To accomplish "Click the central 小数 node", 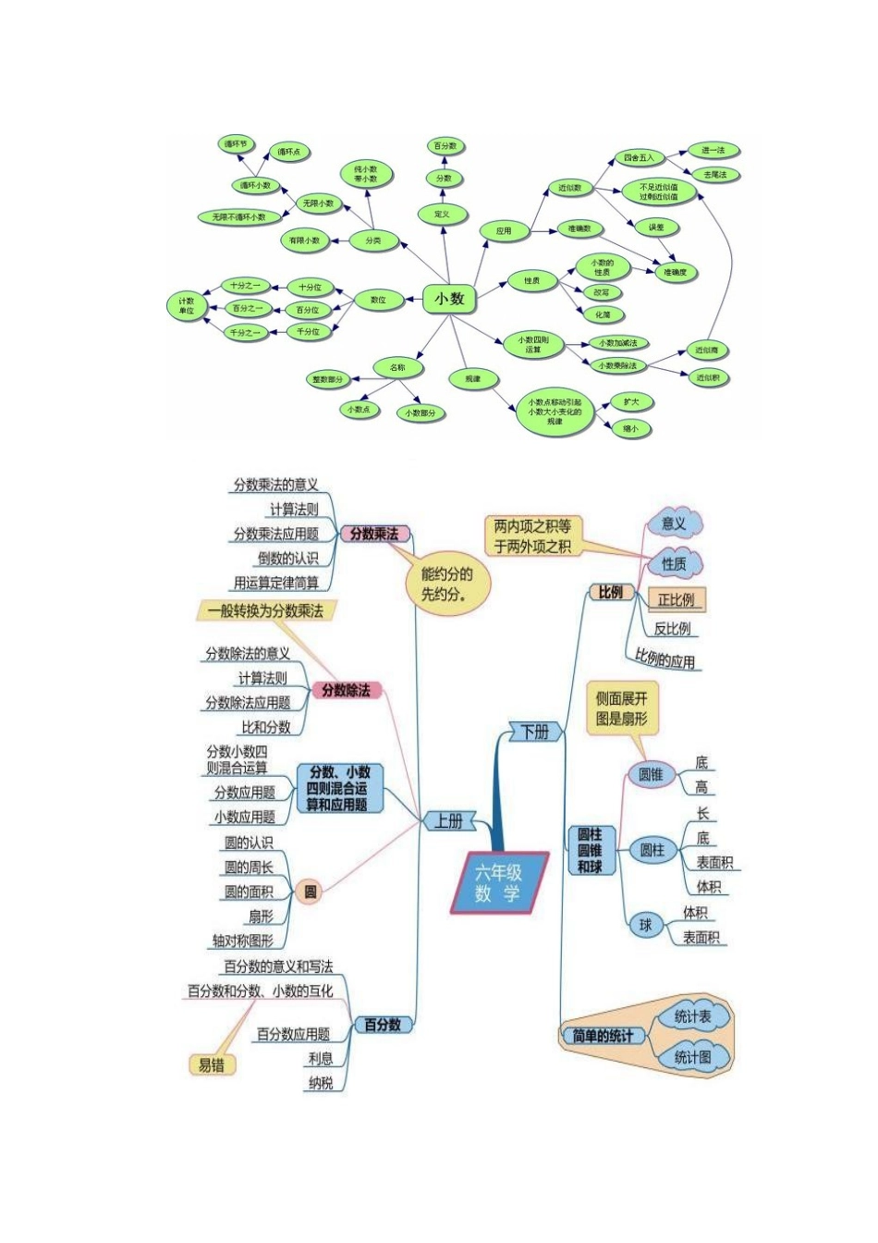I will [449, 299].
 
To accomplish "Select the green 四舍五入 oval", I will [638, 158].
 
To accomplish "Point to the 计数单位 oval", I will [187, 306].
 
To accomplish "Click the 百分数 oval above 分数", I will [445, 146].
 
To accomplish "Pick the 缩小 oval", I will [630, 428].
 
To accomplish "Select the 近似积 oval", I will [708, 377].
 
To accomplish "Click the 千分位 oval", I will [308, 331].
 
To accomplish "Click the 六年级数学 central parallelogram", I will [498, 882].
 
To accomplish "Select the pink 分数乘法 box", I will [374, 535].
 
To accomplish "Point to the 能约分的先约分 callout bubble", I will [446, 585].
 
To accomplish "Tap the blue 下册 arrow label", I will [535, 732].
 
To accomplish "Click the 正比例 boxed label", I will [676, 599].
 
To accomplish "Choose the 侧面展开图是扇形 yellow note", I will [621, 708].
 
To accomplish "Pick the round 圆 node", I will [311, 892].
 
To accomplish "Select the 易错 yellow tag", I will [212, 1065].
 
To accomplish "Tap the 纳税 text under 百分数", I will [321, 1082].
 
